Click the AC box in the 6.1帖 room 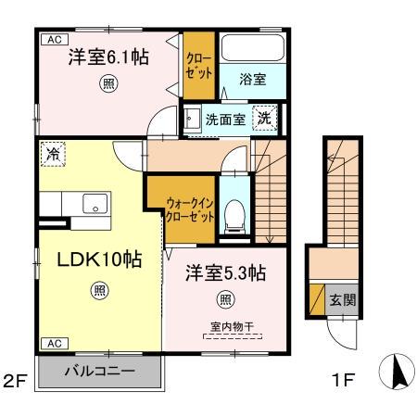55,40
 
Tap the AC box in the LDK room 55,344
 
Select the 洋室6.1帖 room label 108,57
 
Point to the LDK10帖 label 99,259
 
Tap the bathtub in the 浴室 253,48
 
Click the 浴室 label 253,80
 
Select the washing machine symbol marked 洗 264,118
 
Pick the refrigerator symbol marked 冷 53,154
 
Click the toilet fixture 234,217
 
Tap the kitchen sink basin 95,203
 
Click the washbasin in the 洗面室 193,119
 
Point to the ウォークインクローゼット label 190,210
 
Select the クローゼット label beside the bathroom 199,66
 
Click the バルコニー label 100,371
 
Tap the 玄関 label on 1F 342,300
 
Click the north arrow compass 397,372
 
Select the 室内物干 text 233,326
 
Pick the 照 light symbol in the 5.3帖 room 226,299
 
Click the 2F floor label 16,380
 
